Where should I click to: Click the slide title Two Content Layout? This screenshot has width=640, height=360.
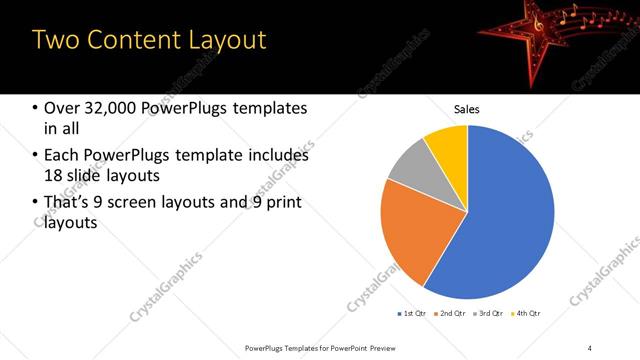(149, 40)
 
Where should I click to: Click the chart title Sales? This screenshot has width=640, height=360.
(467, 108)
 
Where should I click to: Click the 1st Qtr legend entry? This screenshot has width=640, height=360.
(412, 314)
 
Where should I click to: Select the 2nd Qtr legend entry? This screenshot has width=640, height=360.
(450, 314)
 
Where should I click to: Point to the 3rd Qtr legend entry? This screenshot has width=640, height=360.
(488, 314)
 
